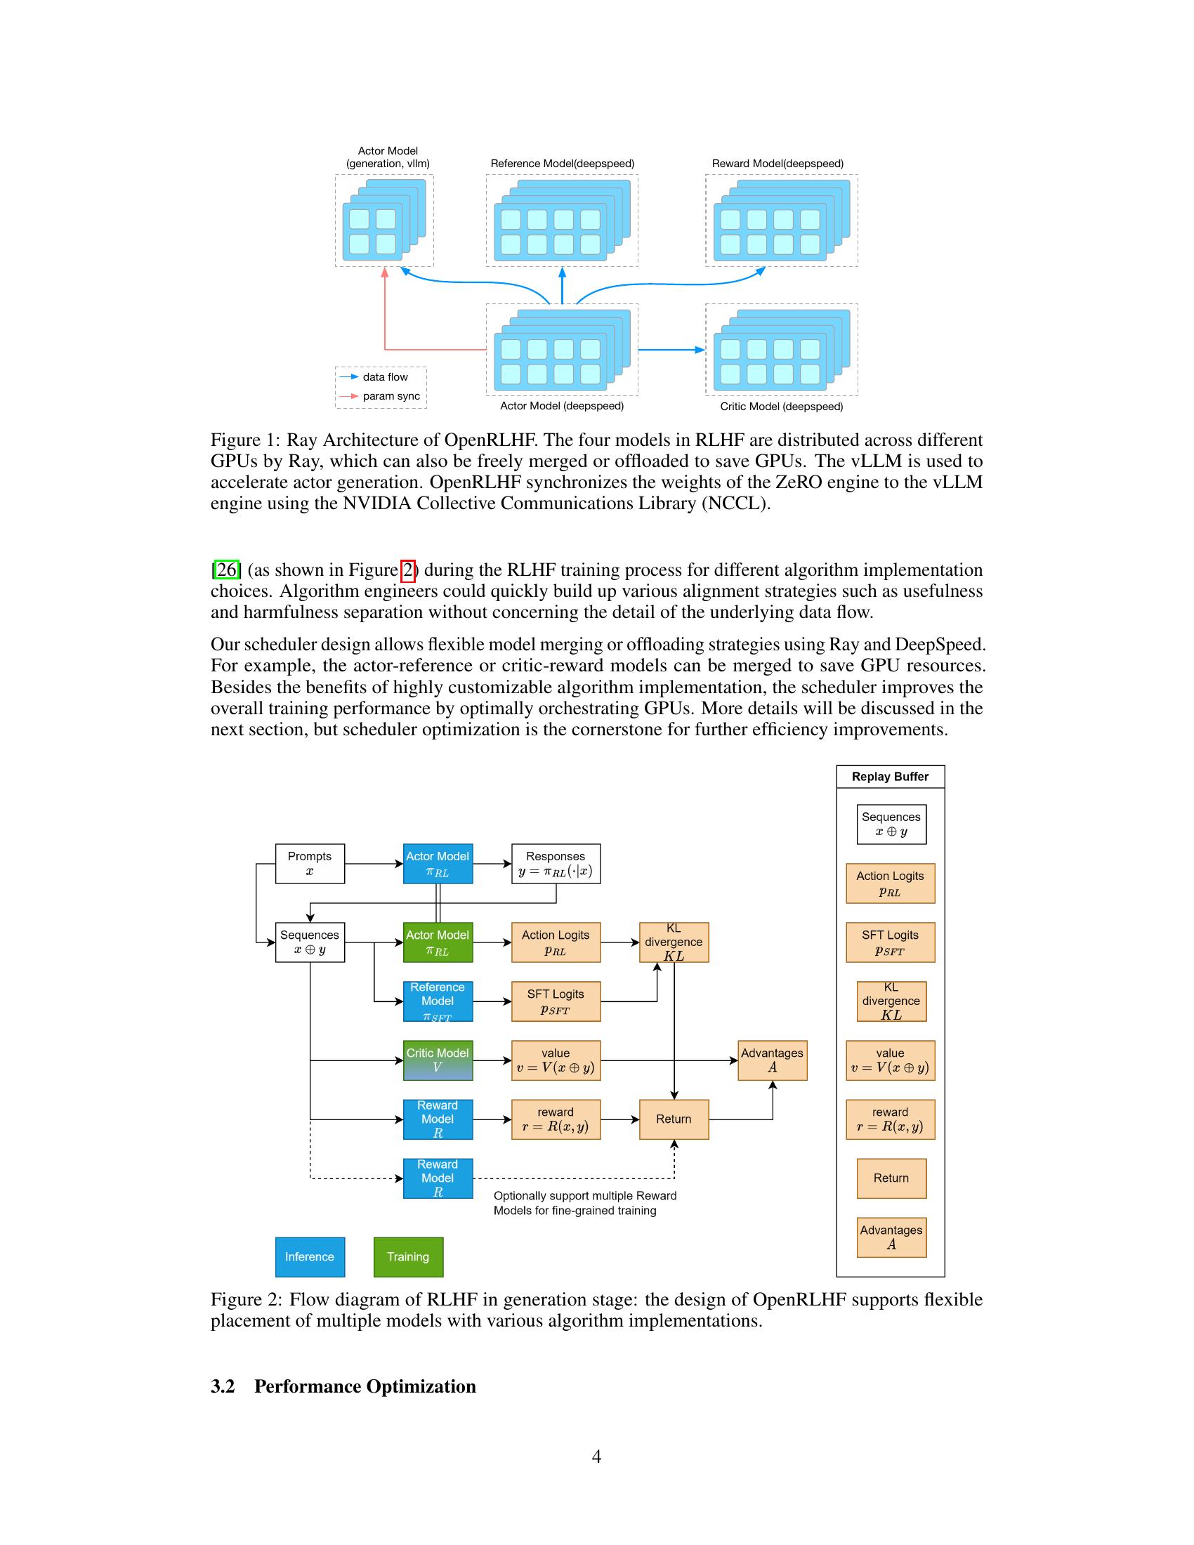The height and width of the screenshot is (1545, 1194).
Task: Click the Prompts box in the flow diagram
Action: [x=310, y=863]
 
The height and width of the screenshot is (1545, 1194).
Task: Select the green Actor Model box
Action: [x=438, y=942]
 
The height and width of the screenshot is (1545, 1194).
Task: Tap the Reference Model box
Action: [x=438, y=1001]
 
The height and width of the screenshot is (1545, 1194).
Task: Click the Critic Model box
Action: [x=438, y=1060]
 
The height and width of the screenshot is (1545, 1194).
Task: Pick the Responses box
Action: [x=556, y=863]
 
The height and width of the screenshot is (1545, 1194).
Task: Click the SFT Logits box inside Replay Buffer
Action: [x=890, y=942]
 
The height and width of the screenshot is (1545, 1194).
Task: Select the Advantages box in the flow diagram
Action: [x=773, y=1060]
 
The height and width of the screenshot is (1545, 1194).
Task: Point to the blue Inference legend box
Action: [x=310, y=1256]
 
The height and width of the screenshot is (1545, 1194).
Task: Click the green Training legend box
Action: [x=408, y=1256]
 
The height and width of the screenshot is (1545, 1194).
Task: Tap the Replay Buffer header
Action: [x=890, y=776]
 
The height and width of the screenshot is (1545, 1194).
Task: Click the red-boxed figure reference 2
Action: [x=408, y=570]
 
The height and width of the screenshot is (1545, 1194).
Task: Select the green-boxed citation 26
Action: [x=227, y=570]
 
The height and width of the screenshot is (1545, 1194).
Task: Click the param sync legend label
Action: [x=391, y=396]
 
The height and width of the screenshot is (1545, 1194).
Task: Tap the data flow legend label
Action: [x=386, y=377]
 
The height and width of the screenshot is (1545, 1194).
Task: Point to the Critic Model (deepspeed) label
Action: [x=781, y=407]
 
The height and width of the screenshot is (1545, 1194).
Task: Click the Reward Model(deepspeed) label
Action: [x=778, y=164]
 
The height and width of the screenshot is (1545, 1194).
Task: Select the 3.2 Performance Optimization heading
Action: [x=343, y=1386]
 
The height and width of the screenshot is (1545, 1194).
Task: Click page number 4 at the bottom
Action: [x=596, y=1456]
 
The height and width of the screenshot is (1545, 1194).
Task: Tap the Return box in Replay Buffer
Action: [x=891, y=1178]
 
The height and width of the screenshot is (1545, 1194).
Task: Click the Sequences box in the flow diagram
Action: [x=310, y=942]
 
